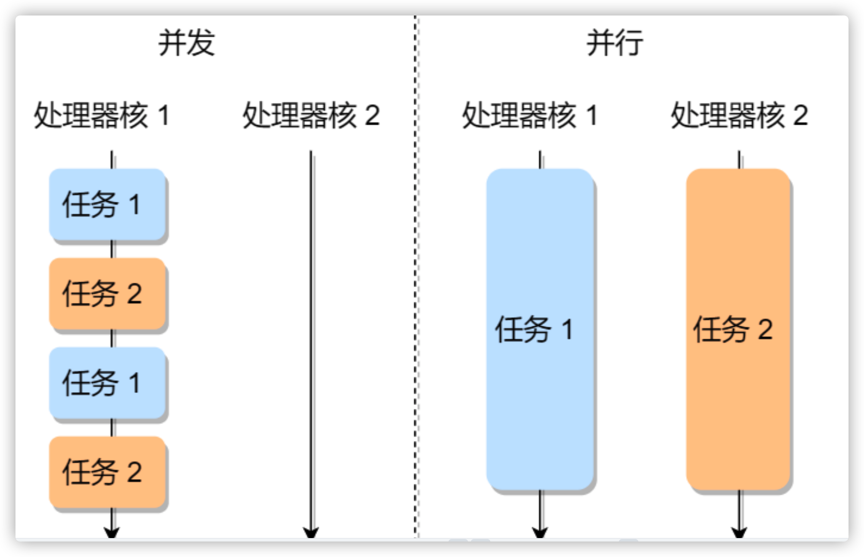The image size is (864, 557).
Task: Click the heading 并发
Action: [186, 43]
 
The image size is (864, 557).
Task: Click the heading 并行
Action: [614, 43]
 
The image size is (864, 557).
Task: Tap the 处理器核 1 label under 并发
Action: [102, 115]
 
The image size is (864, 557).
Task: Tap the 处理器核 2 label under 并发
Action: [311, 115]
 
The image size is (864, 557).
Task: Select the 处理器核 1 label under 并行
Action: [530, 115]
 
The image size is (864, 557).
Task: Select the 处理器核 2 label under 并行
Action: [739, 115]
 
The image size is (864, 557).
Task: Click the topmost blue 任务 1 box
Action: [108, 204]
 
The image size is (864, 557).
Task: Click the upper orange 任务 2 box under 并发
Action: [108, 294]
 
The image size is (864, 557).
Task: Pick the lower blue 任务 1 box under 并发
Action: [108, 383]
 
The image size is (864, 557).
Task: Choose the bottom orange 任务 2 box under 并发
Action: [108, 472]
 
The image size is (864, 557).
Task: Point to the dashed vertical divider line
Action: [416, 275]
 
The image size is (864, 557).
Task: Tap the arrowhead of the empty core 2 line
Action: [311, 532]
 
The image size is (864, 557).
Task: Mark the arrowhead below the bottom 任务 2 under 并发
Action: [112, 532]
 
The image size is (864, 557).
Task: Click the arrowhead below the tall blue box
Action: [540, 532]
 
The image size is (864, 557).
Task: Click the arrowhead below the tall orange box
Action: [739, 532]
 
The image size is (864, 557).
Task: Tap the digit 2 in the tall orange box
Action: [765, 330]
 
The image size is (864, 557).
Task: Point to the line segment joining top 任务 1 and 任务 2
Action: [112, 249]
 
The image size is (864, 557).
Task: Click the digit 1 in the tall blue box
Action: [568, 330]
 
